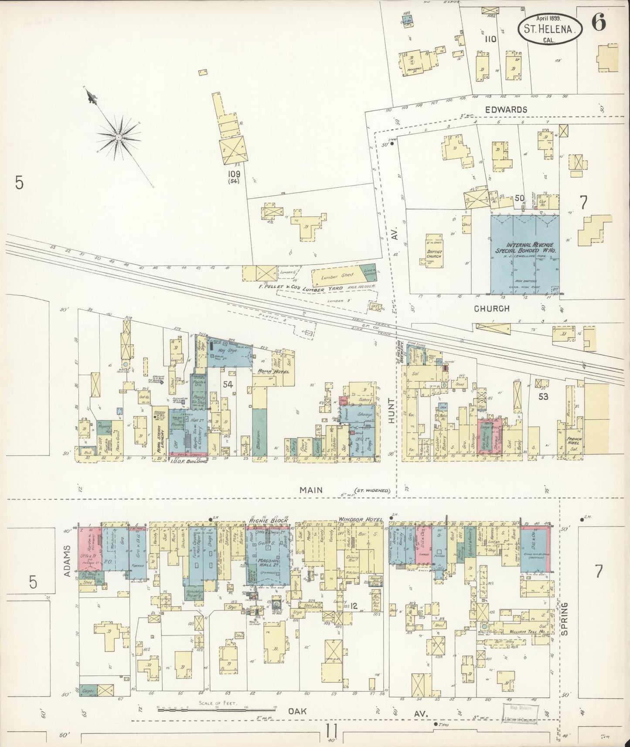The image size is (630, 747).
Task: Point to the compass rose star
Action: [119, 137]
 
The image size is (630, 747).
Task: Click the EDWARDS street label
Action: [506, 109]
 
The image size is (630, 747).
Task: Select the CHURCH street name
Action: [492, 309]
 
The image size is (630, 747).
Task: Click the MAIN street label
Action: [311, 490]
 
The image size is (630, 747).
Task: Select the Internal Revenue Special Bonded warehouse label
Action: [524, 248]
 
